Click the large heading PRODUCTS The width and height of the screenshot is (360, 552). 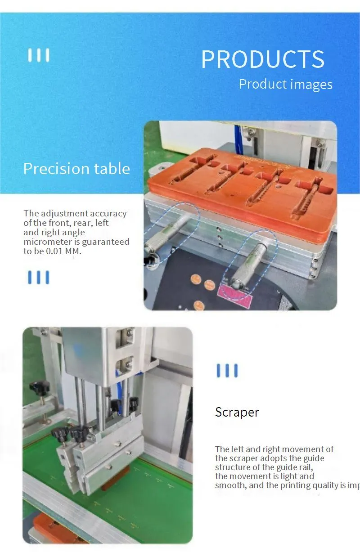click(262, 59)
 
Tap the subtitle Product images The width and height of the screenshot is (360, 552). click(285, 84)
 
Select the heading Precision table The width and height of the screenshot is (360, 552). click(76, 169)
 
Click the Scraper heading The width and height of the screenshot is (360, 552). click(237, 412)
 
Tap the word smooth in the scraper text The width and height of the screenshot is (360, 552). click(229, 485)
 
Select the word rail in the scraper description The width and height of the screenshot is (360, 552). click(303, 467)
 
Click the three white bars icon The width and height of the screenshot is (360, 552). click(39, 55)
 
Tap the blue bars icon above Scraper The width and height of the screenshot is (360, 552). click(227, 371)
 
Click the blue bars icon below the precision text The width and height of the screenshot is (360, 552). click(39, 278)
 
